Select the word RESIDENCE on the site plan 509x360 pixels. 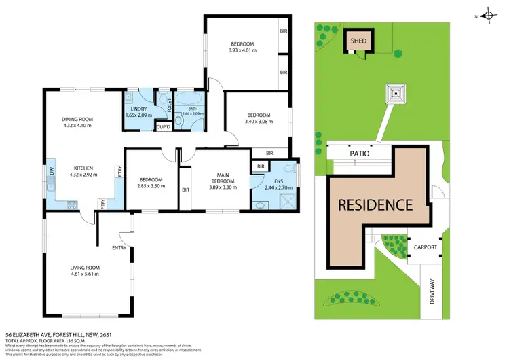tap(375, 204)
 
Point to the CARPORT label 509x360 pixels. tap(426, 247)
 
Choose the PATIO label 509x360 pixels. tap(360, 154)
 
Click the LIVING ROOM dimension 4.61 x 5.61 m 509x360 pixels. tap(85, 275)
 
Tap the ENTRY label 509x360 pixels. tap(119, 247)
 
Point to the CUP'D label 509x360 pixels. tap(163, 127)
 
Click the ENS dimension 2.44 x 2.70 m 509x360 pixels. tap(276, 187)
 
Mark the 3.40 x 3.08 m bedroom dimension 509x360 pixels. tap(259, 122)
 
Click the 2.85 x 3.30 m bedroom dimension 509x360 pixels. tap(151, 186)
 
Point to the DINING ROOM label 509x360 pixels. tap(77, 119)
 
